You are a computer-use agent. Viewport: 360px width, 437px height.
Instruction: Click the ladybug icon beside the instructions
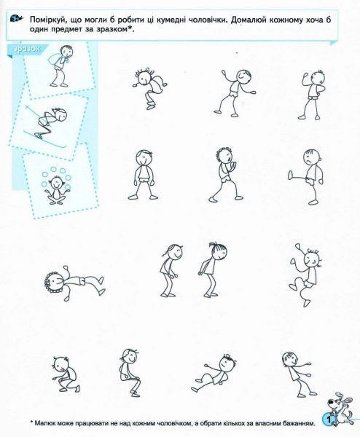point(16,19)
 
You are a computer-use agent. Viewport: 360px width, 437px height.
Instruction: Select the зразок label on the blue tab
point(27,49)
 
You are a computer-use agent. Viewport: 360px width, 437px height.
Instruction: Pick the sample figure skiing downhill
point(47,125)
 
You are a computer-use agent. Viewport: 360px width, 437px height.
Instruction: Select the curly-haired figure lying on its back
point(74,283)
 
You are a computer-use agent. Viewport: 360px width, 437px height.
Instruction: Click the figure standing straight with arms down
point(144,175)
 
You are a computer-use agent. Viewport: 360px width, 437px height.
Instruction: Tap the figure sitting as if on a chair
point(130,372)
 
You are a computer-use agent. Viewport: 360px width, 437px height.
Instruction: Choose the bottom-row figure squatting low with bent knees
point(66,374)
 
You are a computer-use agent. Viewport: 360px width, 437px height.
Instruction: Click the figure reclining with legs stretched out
point(214,373)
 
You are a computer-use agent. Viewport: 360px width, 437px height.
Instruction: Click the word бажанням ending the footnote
point(301,423)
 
